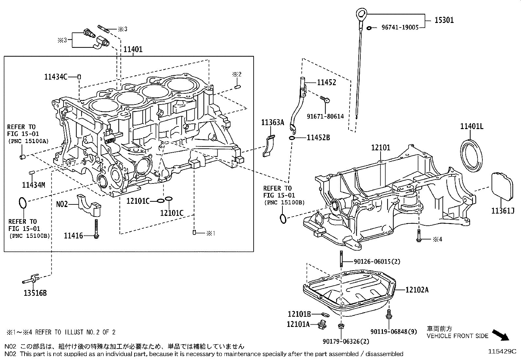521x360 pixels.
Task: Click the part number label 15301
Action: [x=444, y=20]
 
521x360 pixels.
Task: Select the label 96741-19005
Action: [x=400, y=28]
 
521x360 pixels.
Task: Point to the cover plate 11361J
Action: [x=502, y=185]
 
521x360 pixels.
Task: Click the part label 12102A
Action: [x=417, y=290]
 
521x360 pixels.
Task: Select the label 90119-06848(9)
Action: [x=394, y=332]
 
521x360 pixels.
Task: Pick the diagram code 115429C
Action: [x=502, y=351]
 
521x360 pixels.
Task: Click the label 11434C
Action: [x=56, y=77]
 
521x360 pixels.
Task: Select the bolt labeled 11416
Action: [x=96, y=228]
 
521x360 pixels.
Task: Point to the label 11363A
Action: [x=272, y=123]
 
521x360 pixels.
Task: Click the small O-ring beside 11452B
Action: [x=292, y=138]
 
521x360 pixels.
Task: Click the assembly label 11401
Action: [x=133, y=49]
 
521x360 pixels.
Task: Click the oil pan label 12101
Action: [x=380, y=148]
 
